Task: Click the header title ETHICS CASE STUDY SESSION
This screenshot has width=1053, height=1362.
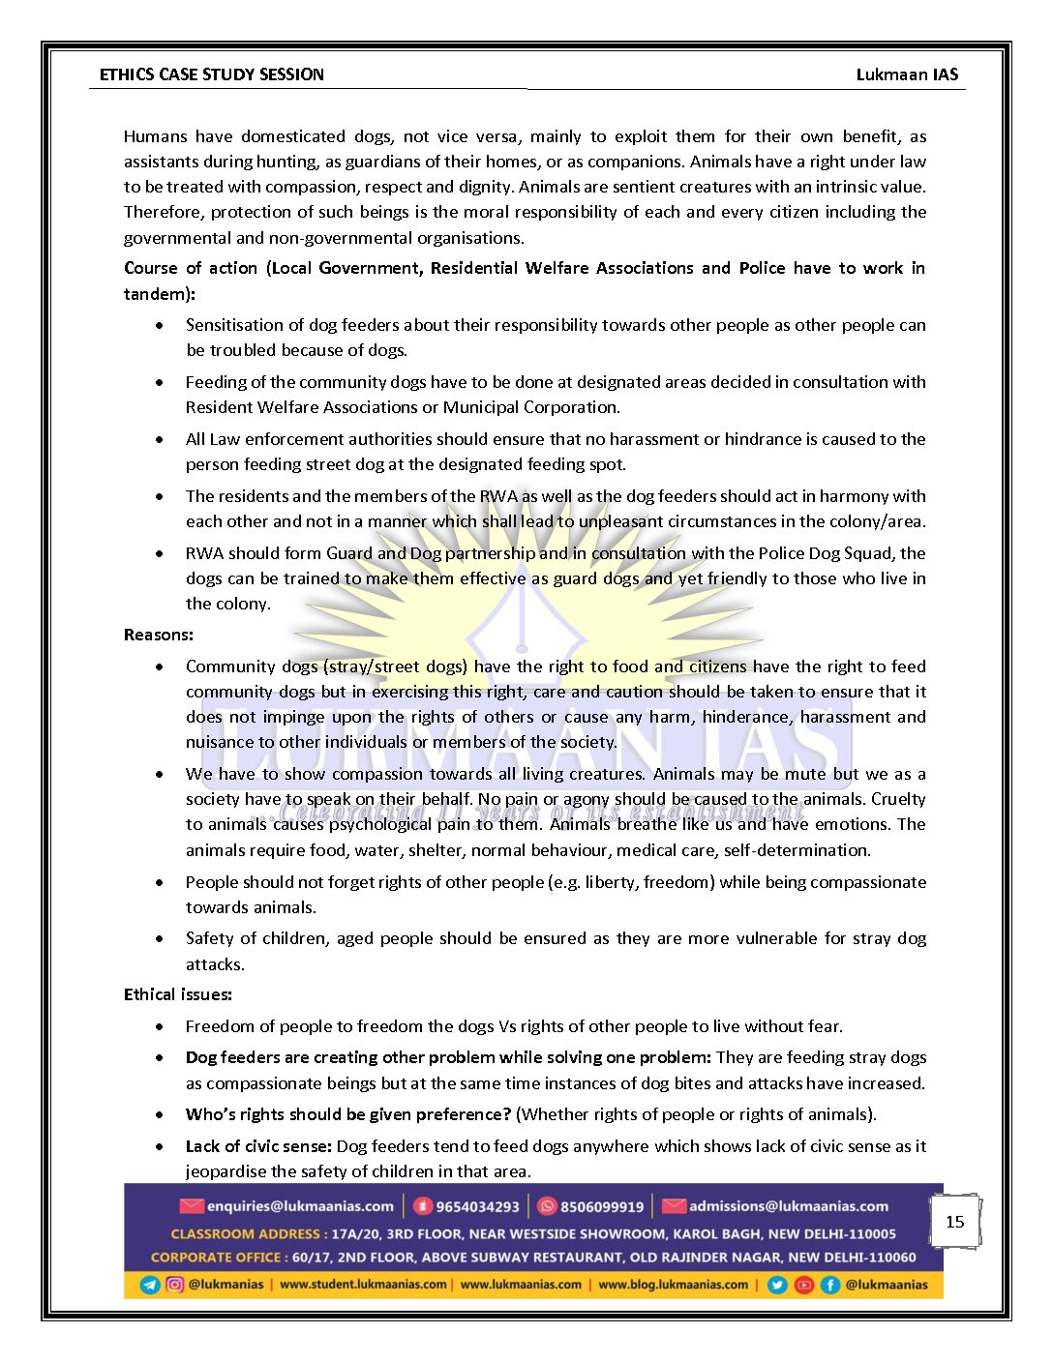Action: point(211,74)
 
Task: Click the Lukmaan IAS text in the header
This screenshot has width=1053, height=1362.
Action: point(907,74)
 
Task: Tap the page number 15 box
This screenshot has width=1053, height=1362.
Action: point(955,1222)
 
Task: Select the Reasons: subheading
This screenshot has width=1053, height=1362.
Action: point(159,635)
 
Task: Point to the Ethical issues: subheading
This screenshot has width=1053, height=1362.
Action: point(178,994)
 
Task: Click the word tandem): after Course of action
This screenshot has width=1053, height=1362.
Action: point(160,293)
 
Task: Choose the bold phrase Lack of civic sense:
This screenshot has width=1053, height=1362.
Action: point(258,1146)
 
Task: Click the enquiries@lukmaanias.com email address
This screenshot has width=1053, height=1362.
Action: point(300,1206)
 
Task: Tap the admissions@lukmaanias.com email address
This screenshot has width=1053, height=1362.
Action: point(789,1206)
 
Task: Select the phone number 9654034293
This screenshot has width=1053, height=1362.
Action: point(477,1207)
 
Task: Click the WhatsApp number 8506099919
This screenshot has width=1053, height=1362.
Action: point(602,1207)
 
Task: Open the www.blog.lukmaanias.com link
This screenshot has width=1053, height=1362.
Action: point(673,1285)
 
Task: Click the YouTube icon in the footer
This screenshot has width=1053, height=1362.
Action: point(804,1285)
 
